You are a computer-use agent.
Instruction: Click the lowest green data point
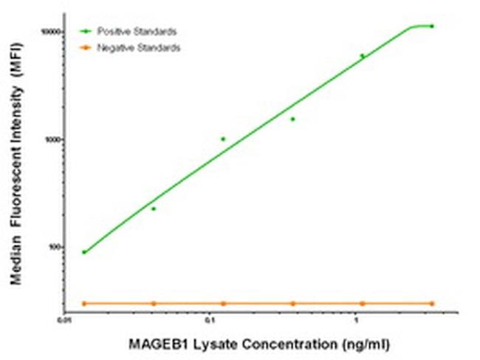[84, 252]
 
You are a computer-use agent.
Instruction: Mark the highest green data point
[432, 26]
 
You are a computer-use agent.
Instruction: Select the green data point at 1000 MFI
[223, 139]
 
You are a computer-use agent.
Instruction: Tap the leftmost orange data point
[84, 303]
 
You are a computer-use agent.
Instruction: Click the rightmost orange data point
[432, 303]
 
